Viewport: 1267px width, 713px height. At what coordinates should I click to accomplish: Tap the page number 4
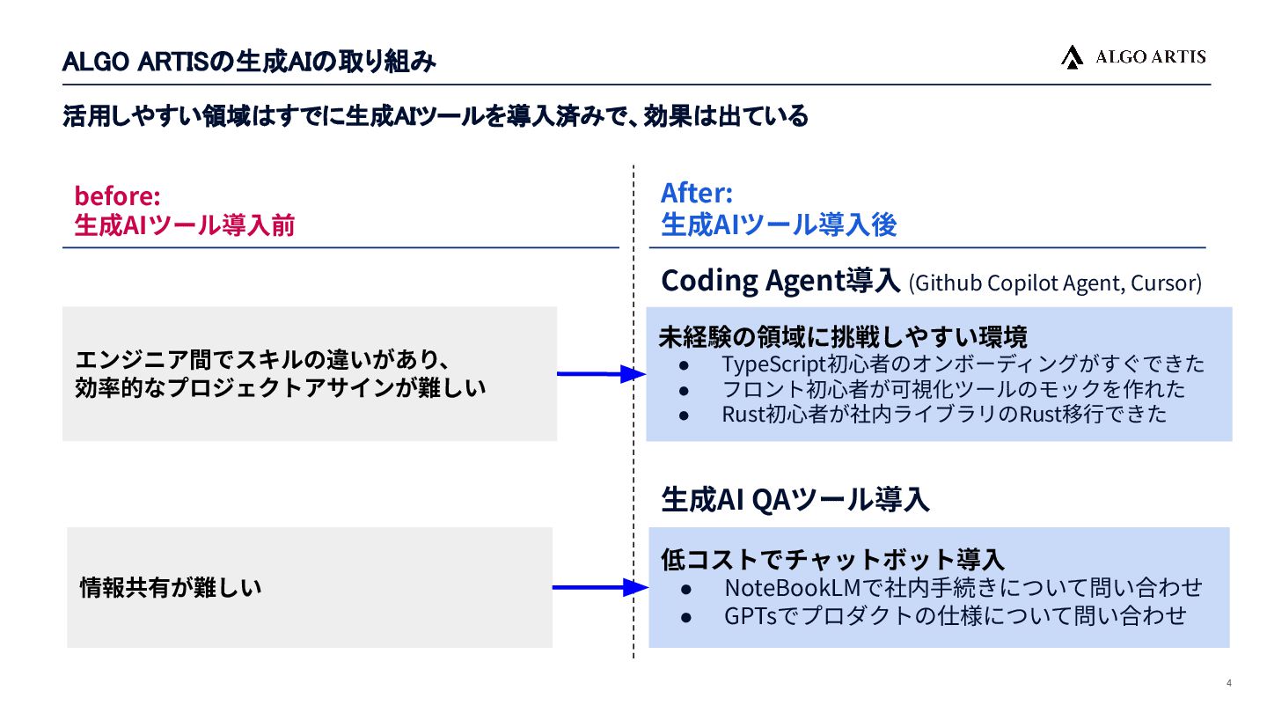pyautogui.click(x=1229, y=684)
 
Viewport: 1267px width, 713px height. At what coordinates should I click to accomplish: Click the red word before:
pyautogui.click(x=117, y=195)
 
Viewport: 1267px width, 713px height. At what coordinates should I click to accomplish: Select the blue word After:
pyautogui.click(x=696, y=192)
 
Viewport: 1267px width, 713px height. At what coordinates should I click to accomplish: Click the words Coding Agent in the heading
pyautogui.click(x=753, y=281)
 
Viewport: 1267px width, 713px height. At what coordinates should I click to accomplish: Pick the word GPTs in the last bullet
pyautogui.click(x=751, y=615)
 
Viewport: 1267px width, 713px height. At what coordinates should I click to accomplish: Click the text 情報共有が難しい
pyautogui.click(x=171, y=587)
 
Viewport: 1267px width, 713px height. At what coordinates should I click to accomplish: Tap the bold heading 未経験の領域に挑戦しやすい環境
pyautogui.click(x=843, y=336)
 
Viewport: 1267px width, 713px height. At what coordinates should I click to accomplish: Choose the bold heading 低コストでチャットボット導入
pyautogui.click(x=832, y=559)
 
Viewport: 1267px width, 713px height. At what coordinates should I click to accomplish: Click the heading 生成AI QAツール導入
pyautogui.click(x=795, y=500)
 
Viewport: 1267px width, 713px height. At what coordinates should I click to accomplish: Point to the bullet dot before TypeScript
pyautogui.click(x=686, y=364)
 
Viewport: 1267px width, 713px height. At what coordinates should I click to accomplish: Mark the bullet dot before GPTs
pyautogui.click(x=688, y=616)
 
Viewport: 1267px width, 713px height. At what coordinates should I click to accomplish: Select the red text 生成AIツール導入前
pyautogui.click(x=184, y=225)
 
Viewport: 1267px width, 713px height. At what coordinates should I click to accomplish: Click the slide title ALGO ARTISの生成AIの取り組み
pyautogui.click(x=250, y=62)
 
